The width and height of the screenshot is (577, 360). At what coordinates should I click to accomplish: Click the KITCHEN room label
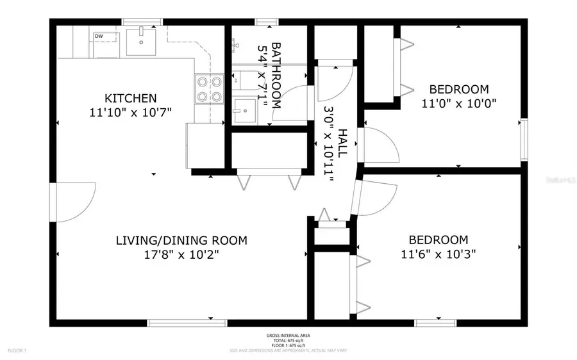pos(131,98)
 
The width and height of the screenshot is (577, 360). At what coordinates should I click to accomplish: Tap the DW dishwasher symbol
pos(99,36)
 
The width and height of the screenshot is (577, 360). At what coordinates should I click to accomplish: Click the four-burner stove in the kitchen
pos(209,89)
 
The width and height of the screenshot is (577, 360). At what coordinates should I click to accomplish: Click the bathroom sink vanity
pos(244,111)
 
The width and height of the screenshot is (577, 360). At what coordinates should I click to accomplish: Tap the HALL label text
pos(342,143)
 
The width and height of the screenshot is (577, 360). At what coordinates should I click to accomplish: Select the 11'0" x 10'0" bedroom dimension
pos(459,102)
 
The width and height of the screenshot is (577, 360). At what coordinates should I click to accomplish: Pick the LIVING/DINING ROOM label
pos(181,241)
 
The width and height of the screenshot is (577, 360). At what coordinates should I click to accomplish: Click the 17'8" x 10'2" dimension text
pos(181,254)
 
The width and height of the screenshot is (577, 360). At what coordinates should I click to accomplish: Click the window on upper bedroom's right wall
pos(524,138)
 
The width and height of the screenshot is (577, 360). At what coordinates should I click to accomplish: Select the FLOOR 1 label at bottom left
pos(16,350)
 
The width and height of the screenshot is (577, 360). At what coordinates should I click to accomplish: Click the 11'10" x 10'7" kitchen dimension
pos(131,111)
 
